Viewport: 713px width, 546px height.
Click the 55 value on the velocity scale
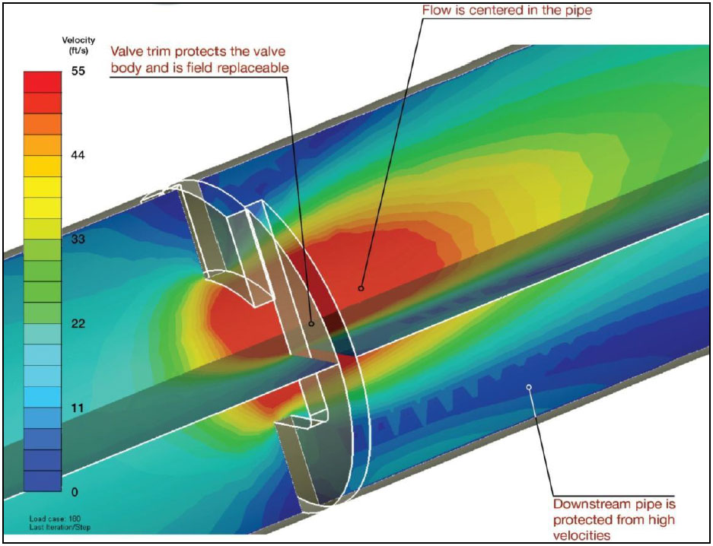(78, 71)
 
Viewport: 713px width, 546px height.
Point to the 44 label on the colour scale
(78, 155)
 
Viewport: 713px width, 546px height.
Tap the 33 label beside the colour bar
(78, 239)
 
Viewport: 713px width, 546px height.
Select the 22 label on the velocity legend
(78, 323)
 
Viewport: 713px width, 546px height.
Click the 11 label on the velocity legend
(78, 408)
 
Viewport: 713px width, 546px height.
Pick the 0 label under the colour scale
(75, 492)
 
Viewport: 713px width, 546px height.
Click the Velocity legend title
(78, 40)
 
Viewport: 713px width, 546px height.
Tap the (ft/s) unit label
(78, 51)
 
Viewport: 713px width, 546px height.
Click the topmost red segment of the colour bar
(43, 82)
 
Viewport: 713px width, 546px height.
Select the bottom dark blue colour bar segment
(43, 481)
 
